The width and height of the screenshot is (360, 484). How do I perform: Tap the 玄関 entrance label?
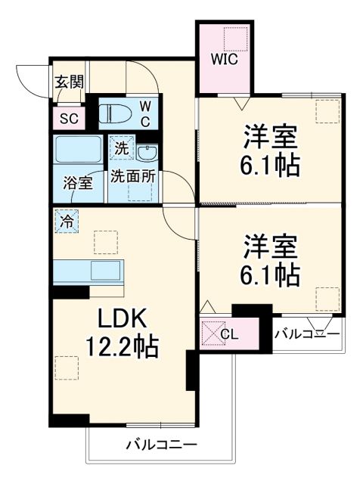click(68, 82)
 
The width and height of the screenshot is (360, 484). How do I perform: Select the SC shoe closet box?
click(69, 118)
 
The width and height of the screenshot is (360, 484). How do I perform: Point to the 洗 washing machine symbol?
click(122, 150)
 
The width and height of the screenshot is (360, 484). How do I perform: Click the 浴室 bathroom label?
click(78, 182)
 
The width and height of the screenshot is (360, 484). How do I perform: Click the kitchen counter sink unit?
click(90, 270)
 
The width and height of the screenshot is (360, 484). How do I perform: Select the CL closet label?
click(228, 334)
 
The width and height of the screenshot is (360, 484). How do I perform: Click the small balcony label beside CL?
click(306, 332)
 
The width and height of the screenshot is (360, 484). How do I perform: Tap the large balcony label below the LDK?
click(161, 444)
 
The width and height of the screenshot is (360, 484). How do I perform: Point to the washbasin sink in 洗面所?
click(146, 152)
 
